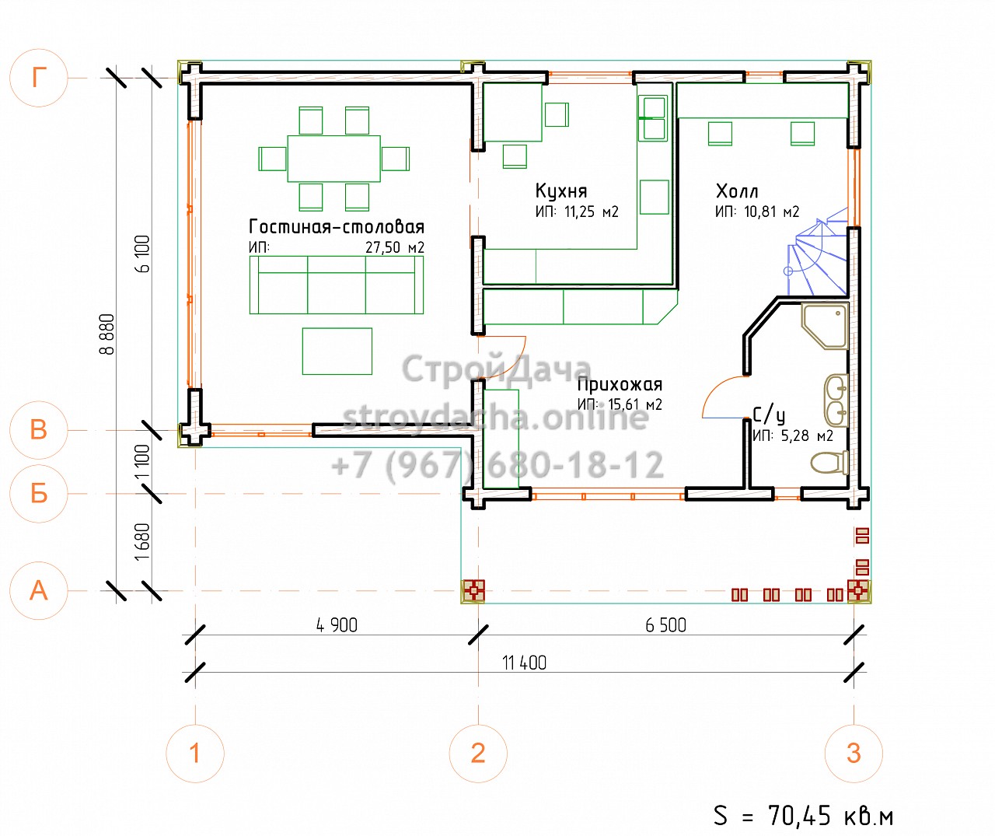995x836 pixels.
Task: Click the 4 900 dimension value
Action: point(337,625)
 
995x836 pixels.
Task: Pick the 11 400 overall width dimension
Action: point(524,663)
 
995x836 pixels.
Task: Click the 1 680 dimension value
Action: point(142,542)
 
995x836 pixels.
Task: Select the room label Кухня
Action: point(561,191)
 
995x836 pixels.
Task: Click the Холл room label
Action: point(737,191)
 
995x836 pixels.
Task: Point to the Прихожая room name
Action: point(620,384)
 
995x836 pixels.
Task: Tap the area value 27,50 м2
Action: point(395,247)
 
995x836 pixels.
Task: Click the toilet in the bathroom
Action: point(829,463)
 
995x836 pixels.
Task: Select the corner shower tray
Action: point(826,327)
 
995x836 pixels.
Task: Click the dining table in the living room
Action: point(333,159)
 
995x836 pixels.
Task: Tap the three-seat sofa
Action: point(337,285)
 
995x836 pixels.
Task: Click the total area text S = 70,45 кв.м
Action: point(803,815)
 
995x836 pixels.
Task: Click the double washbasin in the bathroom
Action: point(836,401)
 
